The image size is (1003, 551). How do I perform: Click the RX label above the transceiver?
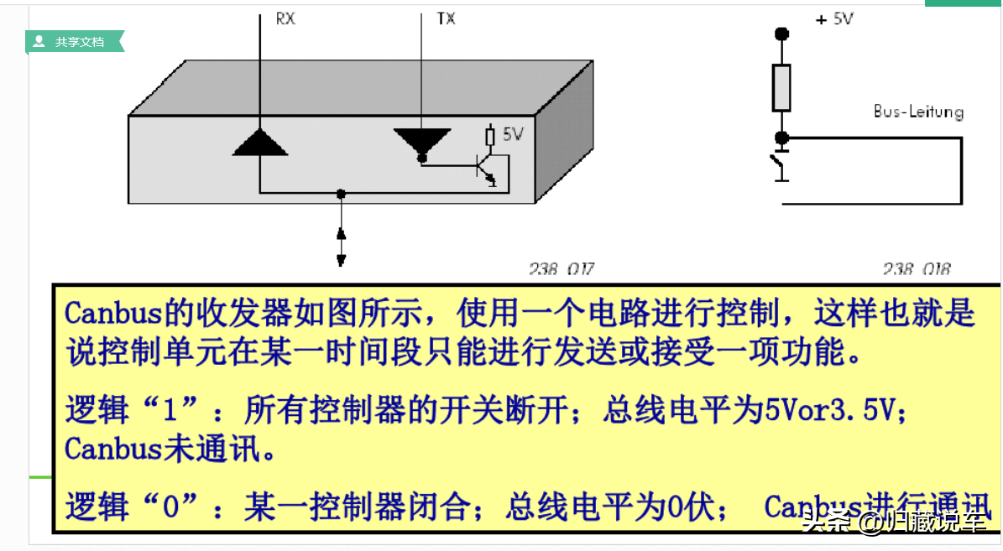(285, 18)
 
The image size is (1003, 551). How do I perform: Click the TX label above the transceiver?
(446, 18)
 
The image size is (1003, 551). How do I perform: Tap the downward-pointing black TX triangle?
(422, 142)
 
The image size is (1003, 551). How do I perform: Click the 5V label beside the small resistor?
(513, 133)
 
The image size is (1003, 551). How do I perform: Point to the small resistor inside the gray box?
(491, 135)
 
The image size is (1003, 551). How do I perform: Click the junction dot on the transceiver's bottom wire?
(340, 194)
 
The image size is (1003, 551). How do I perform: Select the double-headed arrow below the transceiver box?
(341, 245)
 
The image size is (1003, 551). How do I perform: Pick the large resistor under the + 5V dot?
(781, 87)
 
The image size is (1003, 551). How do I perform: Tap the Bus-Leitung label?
(918, 112)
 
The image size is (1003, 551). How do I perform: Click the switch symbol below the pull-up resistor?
(780, 164)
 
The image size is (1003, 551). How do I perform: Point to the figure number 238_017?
(561, 269)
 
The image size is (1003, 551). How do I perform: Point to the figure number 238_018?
(917, 269)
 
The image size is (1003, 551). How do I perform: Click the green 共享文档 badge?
(75, 41)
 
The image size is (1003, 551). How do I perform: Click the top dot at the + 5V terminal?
(781, 34)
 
